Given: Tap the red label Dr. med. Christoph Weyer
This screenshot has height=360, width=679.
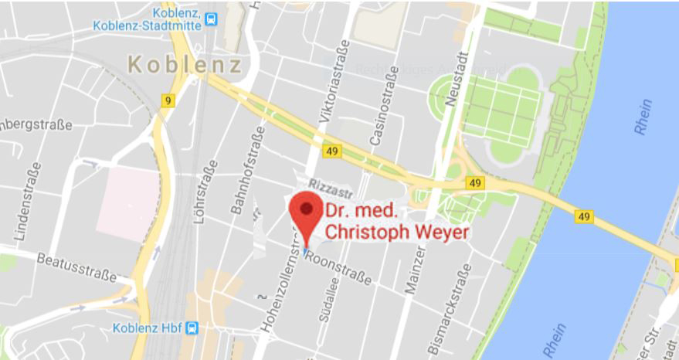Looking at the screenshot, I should pos(396,220).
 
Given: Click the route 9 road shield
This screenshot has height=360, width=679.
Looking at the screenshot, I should pos(168,100).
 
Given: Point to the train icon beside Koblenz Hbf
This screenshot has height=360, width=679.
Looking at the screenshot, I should pos(192,328).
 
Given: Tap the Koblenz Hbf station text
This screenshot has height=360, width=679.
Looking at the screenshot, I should pos(148,328).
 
